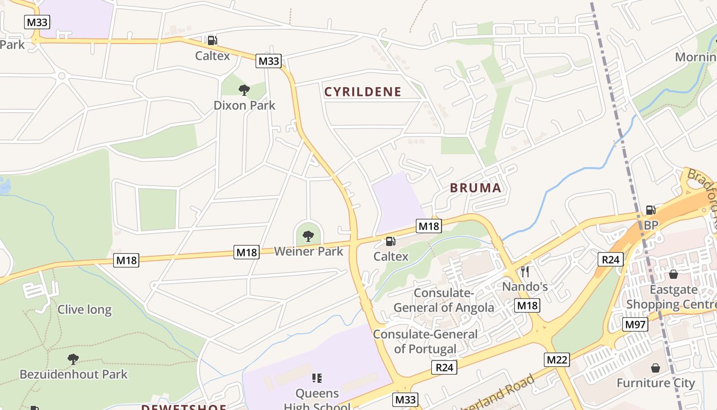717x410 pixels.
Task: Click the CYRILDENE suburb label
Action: [363, 92]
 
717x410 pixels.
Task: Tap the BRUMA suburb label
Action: [475, 188]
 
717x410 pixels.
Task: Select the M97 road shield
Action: [636, 324]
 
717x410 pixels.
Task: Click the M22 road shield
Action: [557, 360]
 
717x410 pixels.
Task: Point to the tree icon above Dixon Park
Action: [244, 90]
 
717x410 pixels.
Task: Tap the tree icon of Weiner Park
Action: [308, 236]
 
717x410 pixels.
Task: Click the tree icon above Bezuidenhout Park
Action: [73, 359]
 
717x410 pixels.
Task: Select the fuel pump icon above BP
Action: [650, 210]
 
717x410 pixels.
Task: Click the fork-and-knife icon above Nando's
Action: [524, 271]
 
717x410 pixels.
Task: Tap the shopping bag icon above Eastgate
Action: [673, 274]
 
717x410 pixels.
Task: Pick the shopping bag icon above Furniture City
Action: [655, 368]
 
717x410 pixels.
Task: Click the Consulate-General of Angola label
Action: [444, 300]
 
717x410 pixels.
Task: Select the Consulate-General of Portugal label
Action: [425, 341]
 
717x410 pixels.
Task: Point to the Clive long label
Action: [85, 310]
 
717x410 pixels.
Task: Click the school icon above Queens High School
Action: [317, 378]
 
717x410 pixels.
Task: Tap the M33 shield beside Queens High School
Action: [406, 399]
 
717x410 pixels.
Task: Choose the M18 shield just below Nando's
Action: [528, 306]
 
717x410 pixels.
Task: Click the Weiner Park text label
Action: [308, 251]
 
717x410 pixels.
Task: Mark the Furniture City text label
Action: [656, 383]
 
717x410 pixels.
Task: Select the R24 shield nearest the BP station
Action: [610, 259]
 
